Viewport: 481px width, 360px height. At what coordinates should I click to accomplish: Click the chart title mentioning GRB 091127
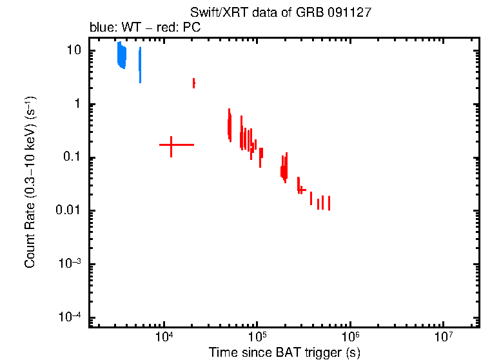[280, 13]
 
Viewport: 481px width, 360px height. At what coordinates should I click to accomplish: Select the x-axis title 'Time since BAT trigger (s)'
[284, 352]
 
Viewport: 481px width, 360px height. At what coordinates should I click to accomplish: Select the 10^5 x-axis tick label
[257, 338]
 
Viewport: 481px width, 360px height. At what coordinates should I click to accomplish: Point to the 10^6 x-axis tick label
[350, 338]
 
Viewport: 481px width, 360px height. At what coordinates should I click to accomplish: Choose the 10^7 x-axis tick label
[443, 338]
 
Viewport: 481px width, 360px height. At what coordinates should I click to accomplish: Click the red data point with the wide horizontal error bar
[171, 145]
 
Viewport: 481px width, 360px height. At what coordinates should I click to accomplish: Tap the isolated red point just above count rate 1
[193, 83]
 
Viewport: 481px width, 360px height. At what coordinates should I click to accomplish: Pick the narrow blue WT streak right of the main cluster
[140, 65]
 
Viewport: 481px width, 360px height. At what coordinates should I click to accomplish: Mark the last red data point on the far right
[329, 203]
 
